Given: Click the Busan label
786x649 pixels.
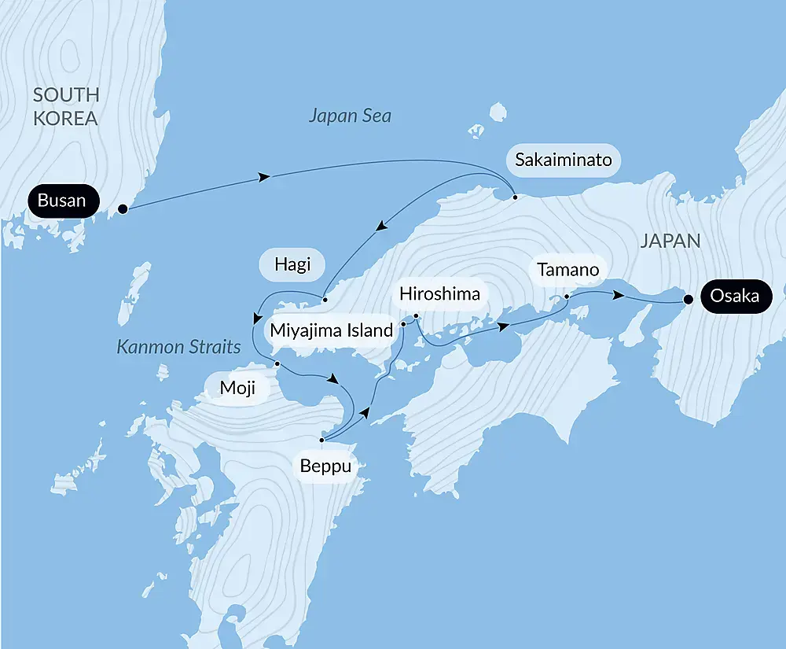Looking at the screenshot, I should [x=62, y=201].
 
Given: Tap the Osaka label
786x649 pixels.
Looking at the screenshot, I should [x=735, y=297].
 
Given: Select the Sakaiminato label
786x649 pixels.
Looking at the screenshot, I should [x=563, y=160].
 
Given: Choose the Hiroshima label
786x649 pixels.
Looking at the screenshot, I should [x=439, y=293].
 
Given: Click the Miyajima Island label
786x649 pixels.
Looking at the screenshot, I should [x=331, y=330].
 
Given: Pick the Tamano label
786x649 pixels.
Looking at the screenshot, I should [x=568, y=270].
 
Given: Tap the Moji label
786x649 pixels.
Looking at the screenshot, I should [x=237, y=388].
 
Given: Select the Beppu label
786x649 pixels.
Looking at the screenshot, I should [x=325, y=466].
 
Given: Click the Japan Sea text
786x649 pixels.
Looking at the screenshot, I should [x=350, y=116].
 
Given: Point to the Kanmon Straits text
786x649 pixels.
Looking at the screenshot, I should [x=178, y=347].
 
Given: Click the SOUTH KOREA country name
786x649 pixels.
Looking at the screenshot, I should [x=66, y=107].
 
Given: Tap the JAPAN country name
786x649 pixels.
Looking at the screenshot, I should [x=670, y=241].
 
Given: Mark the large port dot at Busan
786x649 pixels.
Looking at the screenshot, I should [x=123, y=209].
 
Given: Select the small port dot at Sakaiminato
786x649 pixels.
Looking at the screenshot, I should [x=515, y=197].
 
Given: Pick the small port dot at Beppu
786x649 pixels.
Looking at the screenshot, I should [x=321, y=441].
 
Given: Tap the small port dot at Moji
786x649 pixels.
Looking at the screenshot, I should [x=277, y=363].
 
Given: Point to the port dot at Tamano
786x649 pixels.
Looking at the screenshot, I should [x=566, y=297].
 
